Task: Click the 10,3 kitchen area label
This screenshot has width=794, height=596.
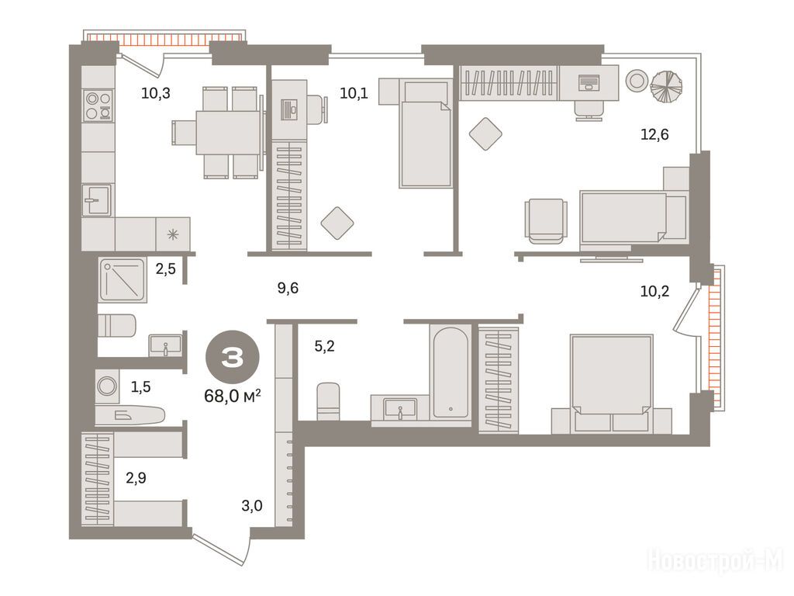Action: [155, 93]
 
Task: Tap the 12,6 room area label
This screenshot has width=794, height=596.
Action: [654, 134]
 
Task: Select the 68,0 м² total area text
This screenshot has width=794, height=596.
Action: [233, 396]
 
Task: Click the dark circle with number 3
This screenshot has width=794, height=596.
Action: [233, 358]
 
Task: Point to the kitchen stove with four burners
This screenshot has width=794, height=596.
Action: [98, 106]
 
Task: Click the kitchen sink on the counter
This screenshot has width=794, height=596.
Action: [97, 199]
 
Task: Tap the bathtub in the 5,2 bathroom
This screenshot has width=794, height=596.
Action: [451, 372]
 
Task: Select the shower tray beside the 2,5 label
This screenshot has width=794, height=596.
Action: [123, 280]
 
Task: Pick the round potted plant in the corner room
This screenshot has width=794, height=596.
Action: [666, 85]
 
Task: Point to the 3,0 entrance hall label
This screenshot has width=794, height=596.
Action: [252, 505]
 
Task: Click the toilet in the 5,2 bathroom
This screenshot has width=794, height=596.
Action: [328, 401]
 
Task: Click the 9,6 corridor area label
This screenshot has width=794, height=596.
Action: [288, 288]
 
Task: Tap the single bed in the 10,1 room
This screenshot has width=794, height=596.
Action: [425, 133]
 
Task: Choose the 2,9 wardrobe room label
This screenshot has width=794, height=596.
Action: [136, 477]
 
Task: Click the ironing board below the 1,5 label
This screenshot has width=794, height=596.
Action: [129, 416]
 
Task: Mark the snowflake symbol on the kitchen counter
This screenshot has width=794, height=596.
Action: [173, 234]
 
